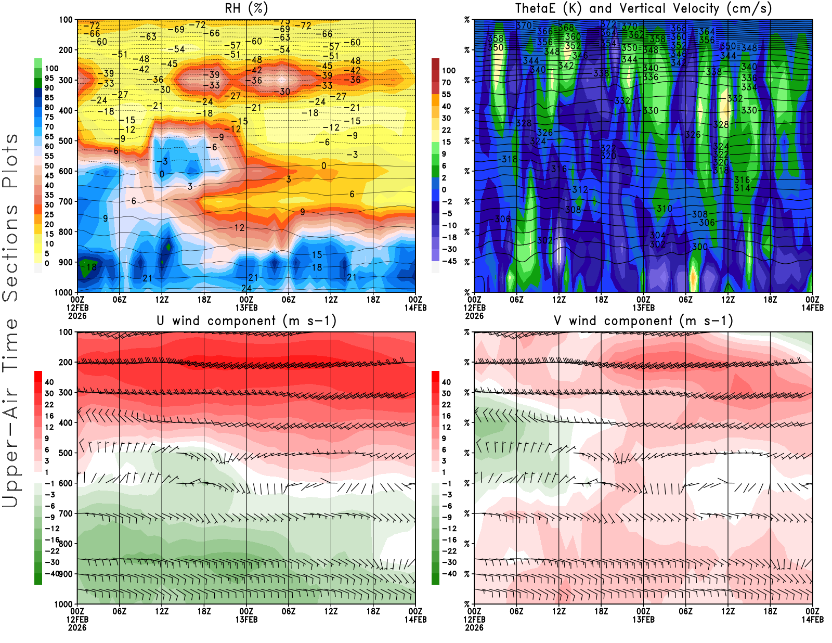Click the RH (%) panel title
pyautogui.click(x=246, y=8)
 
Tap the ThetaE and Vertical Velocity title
pyautogui.click(x=643, y=8)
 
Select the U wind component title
pyautogui.click(x=246, y=320)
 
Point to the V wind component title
pyautogui.click(x=643, y=320)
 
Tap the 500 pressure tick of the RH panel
pyautogui.click(x=66, y=141)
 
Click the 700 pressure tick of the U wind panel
pyautogui.click(x=66, y=513)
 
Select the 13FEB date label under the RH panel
pyautogui.click(x=246, y=307)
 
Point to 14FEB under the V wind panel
pyautogui.click(x=812, y=620)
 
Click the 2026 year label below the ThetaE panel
pyautogui.click(x=474, y=316)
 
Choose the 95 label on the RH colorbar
pyautogui.click(x=49, y=78)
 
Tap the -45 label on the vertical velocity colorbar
pyautogui.click(x=449, y=261)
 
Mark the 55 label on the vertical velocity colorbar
pyautogui.click(x=446, y=94)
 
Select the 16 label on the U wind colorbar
pyautogui.click(x=49, y=416)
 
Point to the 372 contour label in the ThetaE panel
pyautogui.click(x=608, y=24)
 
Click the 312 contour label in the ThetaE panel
pyautogui.click(x=580, y=190)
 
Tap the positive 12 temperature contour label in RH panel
pyautogui.click(x=239, y=228)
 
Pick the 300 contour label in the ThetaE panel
pyautogui.click(x=699, y=247)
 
